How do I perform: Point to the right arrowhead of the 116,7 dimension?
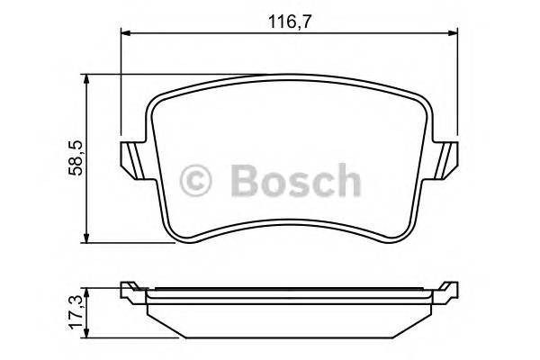pyautogui.click(x=456, y=33)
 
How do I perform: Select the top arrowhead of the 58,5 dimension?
pyautogui.click(x=86, y=80)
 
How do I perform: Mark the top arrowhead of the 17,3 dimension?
pyautogui.click(x=86, y=287)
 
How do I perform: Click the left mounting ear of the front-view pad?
pyautogui.click(x=132, y=159)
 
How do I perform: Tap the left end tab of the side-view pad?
pyautogui.click(x=131, y=291)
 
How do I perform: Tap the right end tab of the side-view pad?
pyautogui.click(x=445, y=291)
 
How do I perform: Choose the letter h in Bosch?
pyautogui.click(x=346, y=181)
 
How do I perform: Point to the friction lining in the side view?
pyautogui.click(x=288, y=315)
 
